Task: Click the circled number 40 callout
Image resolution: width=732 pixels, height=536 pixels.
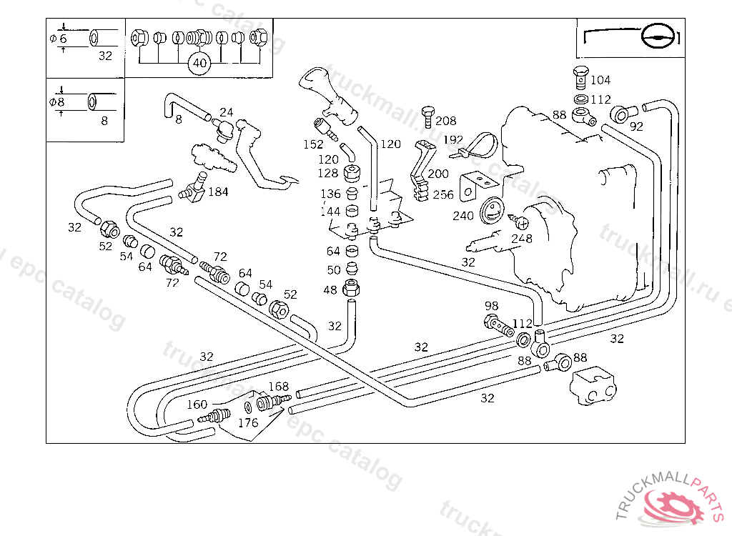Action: click(200, 64)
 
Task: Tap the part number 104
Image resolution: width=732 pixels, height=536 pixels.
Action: click(600, 81)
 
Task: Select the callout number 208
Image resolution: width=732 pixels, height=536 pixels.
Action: click(445, 121)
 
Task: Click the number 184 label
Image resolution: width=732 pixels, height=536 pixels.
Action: click(219, 192)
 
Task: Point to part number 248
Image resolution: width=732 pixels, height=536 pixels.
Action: click(521, 239)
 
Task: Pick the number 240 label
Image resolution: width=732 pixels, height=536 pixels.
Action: click(463, 216)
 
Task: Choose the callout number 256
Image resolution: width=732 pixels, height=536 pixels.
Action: click(442, 195)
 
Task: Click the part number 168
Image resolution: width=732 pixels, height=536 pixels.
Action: click(278, 387)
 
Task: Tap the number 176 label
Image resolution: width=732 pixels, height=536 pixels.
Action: click(247, 423)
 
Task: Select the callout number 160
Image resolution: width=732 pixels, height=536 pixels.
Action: click(197, 405)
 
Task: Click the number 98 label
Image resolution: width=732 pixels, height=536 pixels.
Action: click(491, 306)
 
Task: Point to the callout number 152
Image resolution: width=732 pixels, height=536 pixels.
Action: click(313, 144)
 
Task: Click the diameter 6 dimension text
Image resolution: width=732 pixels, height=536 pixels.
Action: click(58, 39)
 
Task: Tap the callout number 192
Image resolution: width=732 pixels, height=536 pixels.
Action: click(453, 140)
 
